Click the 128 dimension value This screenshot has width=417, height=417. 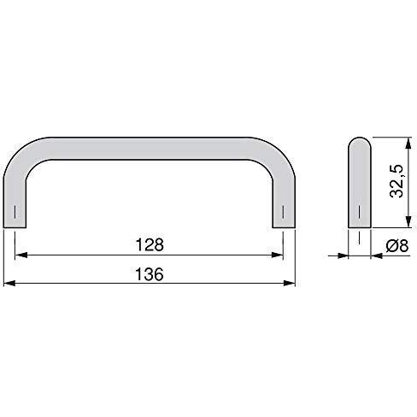(x=150, y=245)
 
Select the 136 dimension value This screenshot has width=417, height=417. (x=150, y=274)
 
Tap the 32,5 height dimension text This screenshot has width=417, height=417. (x=396, y=181)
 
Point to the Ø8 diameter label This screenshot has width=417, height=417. (x=397, y=245)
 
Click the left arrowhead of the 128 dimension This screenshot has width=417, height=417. (x=21, y=255)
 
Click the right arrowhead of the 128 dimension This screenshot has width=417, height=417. (x=278, y=255)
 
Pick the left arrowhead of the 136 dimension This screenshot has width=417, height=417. (x=9, y=283)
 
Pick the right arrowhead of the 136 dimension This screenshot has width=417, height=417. (x=290, y=283)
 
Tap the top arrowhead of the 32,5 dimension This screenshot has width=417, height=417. (x=408, y=144)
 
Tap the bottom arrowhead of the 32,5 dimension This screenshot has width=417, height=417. (x=408, y=221)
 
